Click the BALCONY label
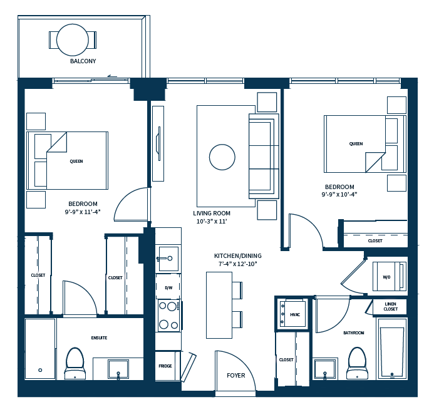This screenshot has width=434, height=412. (83, 61)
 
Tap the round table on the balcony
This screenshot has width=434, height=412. (73, 39)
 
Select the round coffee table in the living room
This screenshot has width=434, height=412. (222, 157)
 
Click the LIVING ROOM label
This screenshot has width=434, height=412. (212, 214)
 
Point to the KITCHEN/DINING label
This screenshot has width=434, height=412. (238, 256)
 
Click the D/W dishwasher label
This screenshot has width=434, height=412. (168, 287)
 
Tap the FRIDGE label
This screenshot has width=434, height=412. (165, 366)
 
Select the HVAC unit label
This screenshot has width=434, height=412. (295, 314)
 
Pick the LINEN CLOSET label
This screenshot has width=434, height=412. (390, 306)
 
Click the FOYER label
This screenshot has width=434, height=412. (236, 376)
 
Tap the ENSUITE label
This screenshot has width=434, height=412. (99, 338)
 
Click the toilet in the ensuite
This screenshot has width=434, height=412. (75, 363)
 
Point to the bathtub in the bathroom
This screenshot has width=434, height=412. (392, 350)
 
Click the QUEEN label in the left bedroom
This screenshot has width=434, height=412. (76, 162)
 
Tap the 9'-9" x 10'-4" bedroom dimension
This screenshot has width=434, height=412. (339, 195)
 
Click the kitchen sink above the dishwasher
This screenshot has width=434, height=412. (167, 257)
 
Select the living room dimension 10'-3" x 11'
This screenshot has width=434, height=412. (212, 222)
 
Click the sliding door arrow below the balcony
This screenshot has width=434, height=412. (112, 76)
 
